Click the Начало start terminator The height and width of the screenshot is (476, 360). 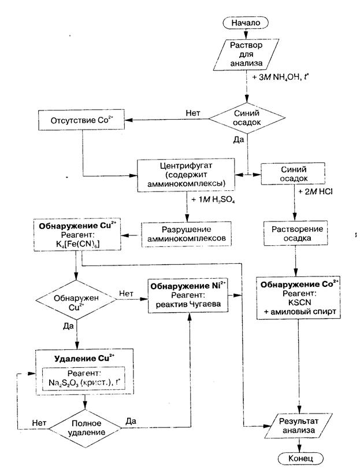[246, 23]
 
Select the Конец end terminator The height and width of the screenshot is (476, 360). [300, 458]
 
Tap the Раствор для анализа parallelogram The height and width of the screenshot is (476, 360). [246, 54]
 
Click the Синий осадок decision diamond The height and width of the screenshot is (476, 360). [247, 118]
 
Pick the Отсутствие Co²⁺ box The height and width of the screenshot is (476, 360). [81, 120]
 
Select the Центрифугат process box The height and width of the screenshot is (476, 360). [186, 175]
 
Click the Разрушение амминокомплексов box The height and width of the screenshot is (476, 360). [186, 234]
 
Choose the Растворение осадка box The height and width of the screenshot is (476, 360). [295, 234]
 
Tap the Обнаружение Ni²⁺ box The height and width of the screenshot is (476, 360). [188, 295]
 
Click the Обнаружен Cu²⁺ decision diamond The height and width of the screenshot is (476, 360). [76, 300]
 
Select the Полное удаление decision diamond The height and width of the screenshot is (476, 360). [85, 428]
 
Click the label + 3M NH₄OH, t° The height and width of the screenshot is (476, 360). [280, 77]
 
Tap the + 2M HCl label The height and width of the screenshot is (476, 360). [315, 191]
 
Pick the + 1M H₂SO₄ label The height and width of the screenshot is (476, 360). [213, 200]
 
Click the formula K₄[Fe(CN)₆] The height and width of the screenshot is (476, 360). [78, 243]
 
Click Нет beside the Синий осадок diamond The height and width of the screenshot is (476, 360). [193, 113]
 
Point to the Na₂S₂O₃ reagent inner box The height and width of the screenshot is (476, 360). [83, 378]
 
